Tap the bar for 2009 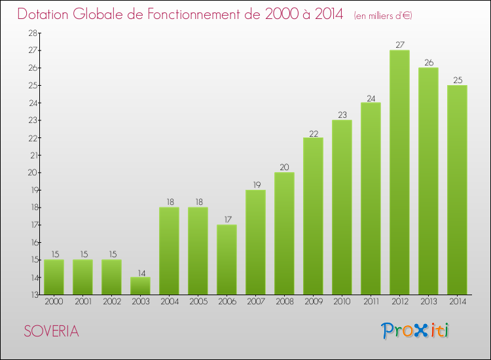[313, 216]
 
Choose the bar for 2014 [457, 190]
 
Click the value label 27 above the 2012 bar [399, 45]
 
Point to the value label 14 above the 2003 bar [140, 272]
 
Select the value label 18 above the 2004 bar [169, 202]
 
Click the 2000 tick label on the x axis [54, 302]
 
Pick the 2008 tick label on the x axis [284, 302]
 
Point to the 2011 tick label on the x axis [371, 302]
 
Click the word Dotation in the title [47, 14]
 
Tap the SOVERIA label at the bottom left [52, 331]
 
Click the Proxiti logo [416, 331]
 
